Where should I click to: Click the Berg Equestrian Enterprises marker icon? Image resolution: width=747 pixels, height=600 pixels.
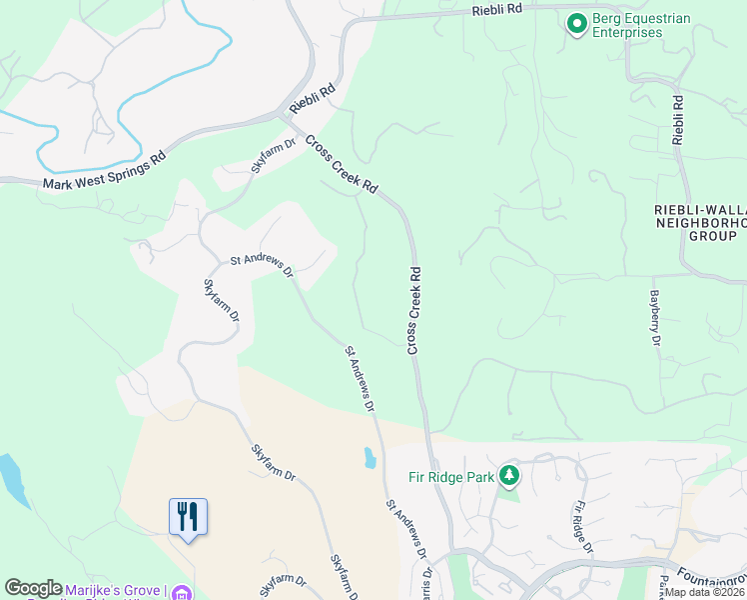pyautogui.click(x=576, y=23)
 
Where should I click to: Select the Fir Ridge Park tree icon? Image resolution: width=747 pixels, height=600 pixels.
pyautogui.click(x=509, y=475)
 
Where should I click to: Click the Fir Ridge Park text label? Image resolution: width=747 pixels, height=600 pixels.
pyautogui.click(x=452, y=477)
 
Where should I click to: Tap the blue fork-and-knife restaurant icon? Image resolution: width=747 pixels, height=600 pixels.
pyautogui.click(x=188, y=517)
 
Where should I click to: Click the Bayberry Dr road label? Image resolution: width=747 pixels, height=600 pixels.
pyautogui.click(x=656, y=319)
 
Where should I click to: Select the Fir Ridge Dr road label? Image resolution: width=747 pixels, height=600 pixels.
pyautogui.click(x=584, y=528)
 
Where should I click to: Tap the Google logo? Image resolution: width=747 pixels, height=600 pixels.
pyautogui.click(x=32, y=589)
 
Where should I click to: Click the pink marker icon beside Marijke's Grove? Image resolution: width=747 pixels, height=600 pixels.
pyautogui.click(x=182, y=593)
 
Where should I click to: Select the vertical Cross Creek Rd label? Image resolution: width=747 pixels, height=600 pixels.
pyautogui.click(x=414, y=309)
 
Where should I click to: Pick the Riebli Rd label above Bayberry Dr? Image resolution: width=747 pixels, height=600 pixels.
pyautogui.click(x=678, y=121)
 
